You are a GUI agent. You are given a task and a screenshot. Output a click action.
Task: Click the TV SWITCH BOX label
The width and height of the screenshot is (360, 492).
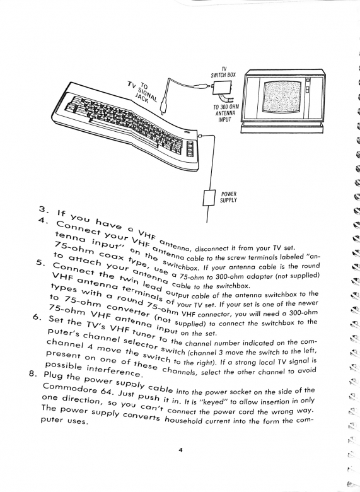click(x=223, y=72)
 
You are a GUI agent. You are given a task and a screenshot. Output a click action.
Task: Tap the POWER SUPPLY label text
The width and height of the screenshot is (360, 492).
click(x=228, y=197)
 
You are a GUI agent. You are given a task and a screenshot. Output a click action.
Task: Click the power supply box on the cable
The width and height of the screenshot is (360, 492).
click(x=209, y=198)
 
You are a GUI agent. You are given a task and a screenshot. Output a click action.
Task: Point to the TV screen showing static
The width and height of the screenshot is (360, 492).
click(x=282, y=97)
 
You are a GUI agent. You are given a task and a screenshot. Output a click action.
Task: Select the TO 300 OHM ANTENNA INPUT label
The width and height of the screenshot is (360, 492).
click(x=226, y=113)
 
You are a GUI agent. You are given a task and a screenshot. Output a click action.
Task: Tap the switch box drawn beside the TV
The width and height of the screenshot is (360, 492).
click(x=223, y=88)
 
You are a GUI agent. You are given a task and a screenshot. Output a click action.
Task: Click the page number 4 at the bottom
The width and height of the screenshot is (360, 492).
click(x=180, y=459)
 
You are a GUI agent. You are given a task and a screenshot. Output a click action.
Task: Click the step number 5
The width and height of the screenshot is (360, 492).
click(x=40, y=263)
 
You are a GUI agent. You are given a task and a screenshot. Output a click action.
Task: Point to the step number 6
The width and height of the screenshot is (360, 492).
click(x=37, y=317)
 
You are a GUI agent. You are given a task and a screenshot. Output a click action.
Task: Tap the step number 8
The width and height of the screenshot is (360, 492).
click(x=33, y=373)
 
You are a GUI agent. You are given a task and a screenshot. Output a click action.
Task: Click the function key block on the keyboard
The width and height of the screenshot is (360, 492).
click(x=189, y=148)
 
